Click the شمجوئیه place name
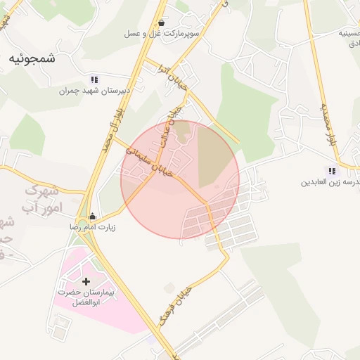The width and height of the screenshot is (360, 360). tap(32, 59)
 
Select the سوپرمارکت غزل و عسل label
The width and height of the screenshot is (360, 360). tap(162, 34)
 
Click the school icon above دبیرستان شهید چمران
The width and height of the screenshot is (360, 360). tap(94, 80)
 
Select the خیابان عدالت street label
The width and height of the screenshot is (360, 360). tap(169, 127)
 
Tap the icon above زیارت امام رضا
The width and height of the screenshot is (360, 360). tap(94, 217)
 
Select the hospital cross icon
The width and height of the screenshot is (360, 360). tap(86, 281)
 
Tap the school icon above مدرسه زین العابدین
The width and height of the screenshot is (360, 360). tap(331, 171)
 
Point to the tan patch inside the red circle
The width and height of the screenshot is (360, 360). tap(214, 156)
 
